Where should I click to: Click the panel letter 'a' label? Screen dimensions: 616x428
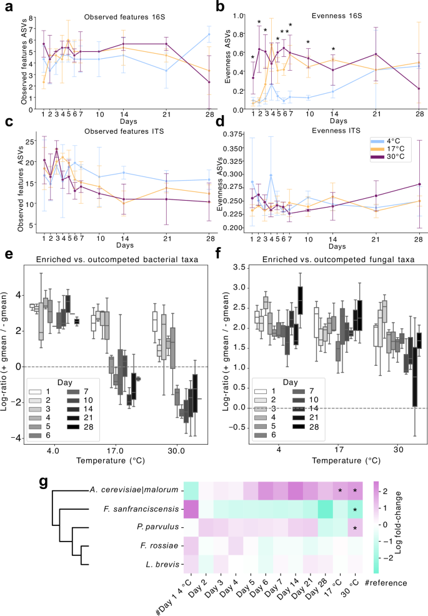7,8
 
